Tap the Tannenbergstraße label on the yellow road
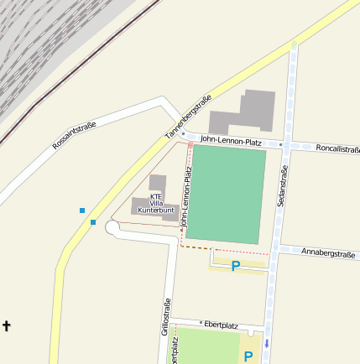click(185, 121)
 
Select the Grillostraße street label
click(166, 317)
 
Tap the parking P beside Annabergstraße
click(236, 266)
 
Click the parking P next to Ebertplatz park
click(248, 356)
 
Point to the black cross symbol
click(8, 325)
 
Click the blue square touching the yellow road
click(92, 222)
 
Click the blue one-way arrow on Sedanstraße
click(267, 343)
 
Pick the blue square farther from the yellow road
click(81, 210)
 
